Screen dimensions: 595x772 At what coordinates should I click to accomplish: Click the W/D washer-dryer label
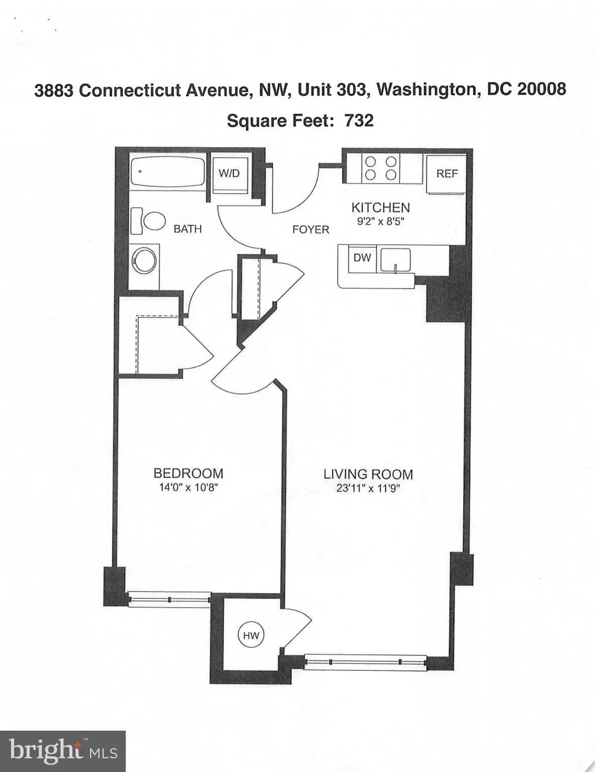[229, 174]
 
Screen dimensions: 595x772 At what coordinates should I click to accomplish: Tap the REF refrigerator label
[447, 174]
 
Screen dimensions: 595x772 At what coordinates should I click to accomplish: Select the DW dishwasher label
[362, 258]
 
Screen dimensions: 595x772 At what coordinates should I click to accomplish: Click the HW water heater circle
[251, 636]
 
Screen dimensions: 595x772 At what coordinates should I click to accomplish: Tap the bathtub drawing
[167, 171]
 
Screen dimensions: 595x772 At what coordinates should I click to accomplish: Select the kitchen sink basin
[396, 259]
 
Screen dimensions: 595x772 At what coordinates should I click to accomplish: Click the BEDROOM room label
[188, 474]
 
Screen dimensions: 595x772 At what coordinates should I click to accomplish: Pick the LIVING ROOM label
[368, 474]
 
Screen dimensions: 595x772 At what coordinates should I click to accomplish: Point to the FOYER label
[311, 229]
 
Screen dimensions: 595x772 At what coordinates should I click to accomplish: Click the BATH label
[188, 229]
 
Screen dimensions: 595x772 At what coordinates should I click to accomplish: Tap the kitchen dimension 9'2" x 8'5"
[381, 222]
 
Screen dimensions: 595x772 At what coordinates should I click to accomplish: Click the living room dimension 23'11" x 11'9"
[368, 489]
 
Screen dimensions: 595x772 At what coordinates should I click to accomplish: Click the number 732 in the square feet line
[359, 121]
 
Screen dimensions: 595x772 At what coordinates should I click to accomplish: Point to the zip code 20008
[542, 89]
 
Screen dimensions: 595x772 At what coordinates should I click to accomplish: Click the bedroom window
[169, 598]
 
